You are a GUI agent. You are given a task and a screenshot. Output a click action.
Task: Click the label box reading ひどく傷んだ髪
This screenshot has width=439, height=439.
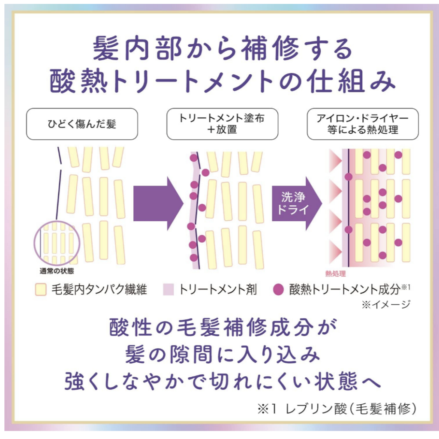[x=82, y=124]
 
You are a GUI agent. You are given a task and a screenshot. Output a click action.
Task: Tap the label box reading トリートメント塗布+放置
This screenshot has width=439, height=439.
[x=222, y=124]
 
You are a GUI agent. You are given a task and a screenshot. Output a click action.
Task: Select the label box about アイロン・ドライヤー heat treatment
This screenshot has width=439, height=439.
[x=363, y=124]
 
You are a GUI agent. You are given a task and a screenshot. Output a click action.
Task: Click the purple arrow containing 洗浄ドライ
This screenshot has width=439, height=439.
[x=296, y=203]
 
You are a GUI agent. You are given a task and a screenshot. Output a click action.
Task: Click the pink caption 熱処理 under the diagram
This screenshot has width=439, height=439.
[x=335, y=274]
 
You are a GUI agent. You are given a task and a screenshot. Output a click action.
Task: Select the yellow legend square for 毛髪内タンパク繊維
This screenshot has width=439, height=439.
[x=41, y=290]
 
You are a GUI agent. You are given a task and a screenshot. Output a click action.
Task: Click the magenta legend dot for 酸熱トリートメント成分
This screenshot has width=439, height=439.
[x=278, y=290]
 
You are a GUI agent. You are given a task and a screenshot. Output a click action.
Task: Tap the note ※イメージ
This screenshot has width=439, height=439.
[x=385, y=304]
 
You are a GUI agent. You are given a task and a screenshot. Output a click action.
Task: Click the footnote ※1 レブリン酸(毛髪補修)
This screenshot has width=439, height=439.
[x=337, y=409]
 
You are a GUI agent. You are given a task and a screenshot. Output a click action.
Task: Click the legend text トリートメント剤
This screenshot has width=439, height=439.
[x=218, y=290]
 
